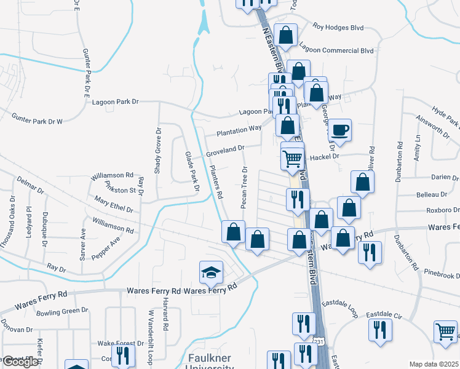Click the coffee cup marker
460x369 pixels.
(339, 130)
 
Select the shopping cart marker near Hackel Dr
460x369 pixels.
(292, 157)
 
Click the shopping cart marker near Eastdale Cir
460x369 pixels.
(445, 332)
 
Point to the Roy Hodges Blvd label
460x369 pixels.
(338, 27)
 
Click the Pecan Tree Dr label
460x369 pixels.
(245, 187)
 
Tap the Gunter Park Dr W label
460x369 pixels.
(38, 118)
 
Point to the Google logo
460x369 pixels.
(20, 362)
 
